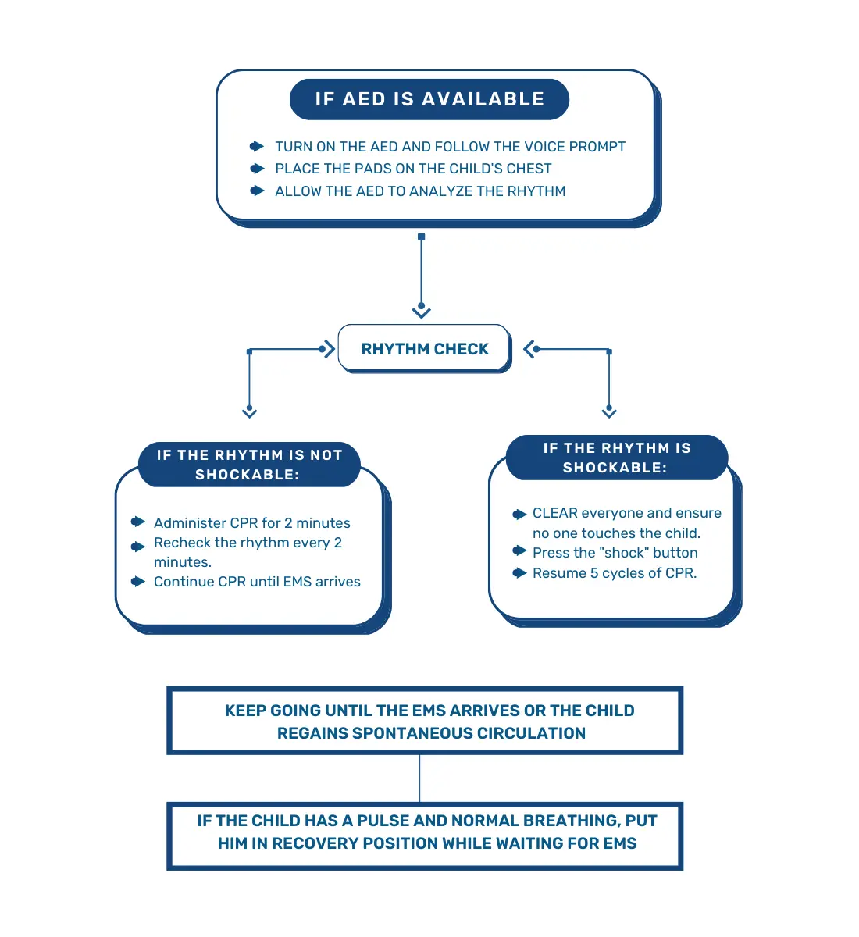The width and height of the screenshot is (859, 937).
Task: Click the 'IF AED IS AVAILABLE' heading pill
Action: [429, 99]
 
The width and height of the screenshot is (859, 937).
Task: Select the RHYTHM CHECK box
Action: [424, 349]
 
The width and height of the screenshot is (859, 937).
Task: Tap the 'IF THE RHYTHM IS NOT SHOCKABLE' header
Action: [249, 465]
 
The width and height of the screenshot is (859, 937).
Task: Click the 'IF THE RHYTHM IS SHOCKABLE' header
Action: [617, 458]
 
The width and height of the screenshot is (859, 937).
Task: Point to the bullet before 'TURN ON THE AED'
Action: [257, 146]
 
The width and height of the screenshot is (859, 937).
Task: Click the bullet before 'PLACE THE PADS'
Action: [257, 168]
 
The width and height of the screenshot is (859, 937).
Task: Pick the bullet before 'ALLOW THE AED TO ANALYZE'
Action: [257, 191]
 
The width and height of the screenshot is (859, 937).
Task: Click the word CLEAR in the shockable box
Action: [554, 513]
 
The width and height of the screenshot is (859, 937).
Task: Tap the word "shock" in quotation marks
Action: [626, 553]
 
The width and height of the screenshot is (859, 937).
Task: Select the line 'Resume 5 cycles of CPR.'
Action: [615, 573]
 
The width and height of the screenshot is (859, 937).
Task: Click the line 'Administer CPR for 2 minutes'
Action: [252, 523]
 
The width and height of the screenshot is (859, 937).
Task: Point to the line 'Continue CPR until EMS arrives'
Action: [257, 582]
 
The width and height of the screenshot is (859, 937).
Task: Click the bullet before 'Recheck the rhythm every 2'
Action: [138, 546]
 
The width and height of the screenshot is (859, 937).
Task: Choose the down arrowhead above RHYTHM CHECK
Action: [422, 312]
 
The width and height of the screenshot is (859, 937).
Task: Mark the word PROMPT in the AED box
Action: [597, 146]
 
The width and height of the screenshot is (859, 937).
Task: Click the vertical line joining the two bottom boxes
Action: [420, 778]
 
